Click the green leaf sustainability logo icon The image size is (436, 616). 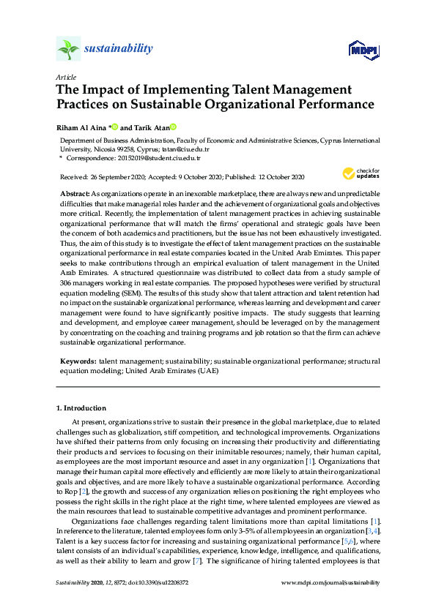[67, 49]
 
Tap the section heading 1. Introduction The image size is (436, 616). [81, 407]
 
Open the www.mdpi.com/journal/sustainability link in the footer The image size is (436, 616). [330, 582]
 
